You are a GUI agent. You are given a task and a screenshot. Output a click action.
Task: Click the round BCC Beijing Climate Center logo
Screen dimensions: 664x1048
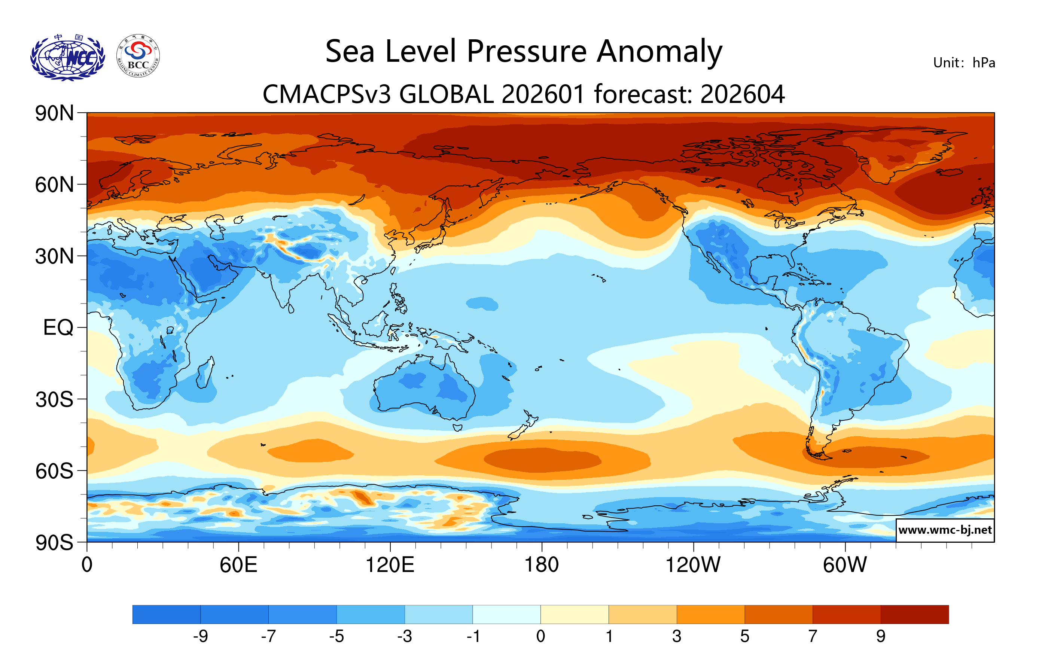138,56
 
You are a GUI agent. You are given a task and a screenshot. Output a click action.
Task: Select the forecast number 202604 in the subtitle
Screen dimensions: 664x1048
743,94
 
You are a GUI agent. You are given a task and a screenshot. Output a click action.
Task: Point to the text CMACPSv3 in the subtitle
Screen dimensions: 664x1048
326,94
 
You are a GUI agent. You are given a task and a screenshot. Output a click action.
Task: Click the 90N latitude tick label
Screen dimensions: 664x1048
54,113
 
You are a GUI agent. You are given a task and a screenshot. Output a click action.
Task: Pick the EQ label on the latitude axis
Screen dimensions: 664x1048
58,328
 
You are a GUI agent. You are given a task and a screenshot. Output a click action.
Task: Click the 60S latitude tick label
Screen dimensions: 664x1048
54,471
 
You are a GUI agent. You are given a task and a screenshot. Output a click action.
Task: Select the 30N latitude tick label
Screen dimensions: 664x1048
54,256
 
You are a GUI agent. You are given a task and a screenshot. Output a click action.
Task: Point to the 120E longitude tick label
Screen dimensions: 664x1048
390,565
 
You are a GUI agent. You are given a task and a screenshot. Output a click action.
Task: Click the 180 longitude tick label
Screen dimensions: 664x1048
542,565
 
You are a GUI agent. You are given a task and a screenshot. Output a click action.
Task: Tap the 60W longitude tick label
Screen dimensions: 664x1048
845,565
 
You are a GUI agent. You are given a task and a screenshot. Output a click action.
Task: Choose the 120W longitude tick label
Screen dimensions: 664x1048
693,565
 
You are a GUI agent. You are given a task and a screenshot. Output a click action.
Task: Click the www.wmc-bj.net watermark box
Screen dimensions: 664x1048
945,530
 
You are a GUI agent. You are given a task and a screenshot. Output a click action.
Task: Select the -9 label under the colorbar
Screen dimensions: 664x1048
201,637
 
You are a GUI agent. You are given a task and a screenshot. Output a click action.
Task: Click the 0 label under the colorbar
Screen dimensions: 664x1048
540,637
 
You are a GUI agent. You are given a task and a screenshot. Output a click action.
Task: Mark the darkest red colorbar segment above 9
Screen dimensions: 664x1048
914,614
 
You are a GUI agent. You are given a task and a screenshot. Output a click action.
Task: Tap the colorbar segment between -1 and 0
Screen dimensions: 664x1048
506,614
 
